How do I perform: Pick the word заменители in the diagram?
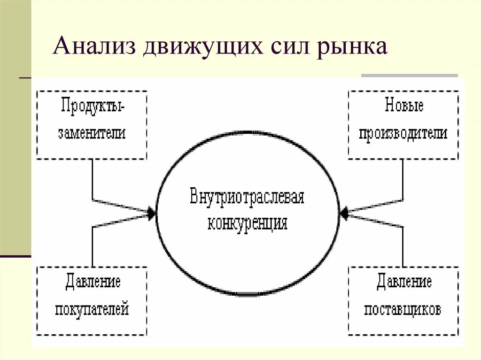(92, 133)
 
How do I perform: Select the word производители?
(403, 133)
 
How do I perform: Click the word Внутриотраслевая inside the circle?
(247, 197)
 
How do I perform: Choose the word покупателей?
(92, 310)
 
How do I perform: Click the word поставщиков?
(403, 310)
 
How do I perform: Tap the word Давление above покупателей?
(93, 283)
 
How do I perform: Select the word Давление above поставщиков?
(403, 283)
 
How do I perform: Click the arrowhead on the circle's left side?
(151, 214)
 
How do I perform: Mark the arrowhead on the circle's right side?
(344, 214)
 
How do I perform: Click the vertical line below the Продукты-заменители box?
(93, 178)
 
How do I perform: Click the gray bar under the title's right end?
(409, 75)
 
